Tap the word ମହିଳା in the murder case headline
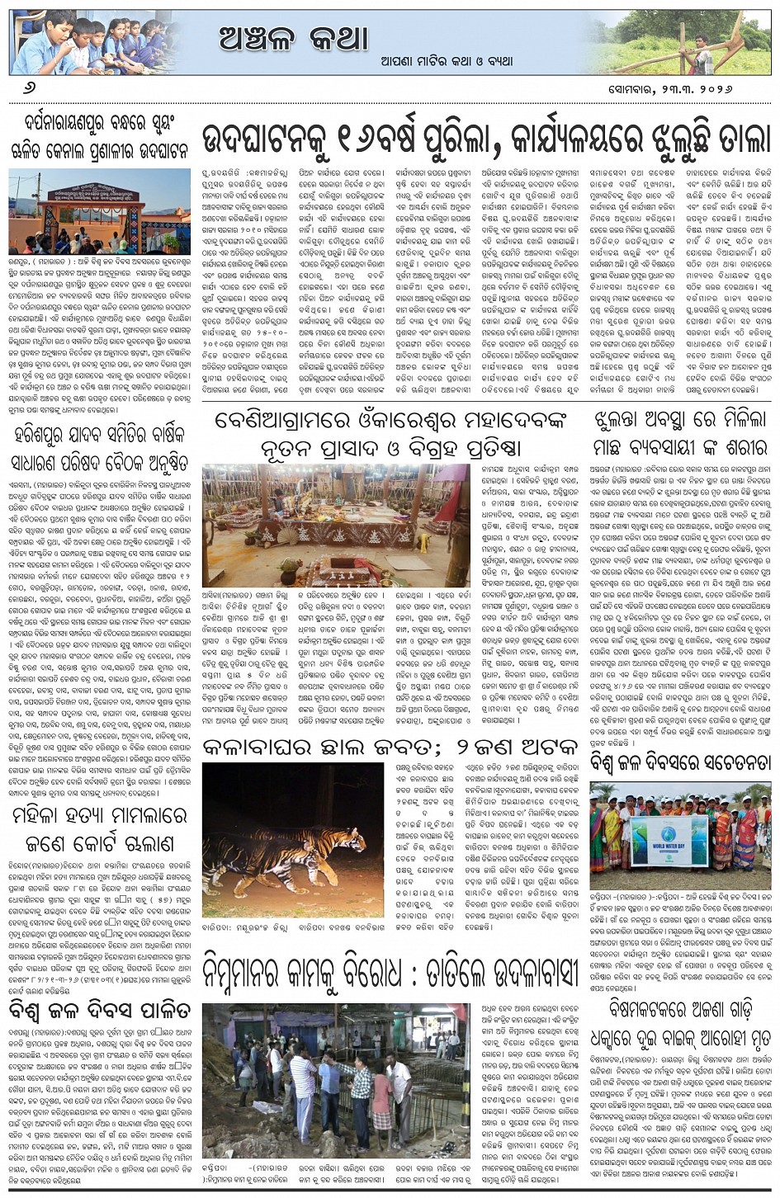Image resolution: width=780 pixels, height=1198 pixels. pos(41,817)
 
